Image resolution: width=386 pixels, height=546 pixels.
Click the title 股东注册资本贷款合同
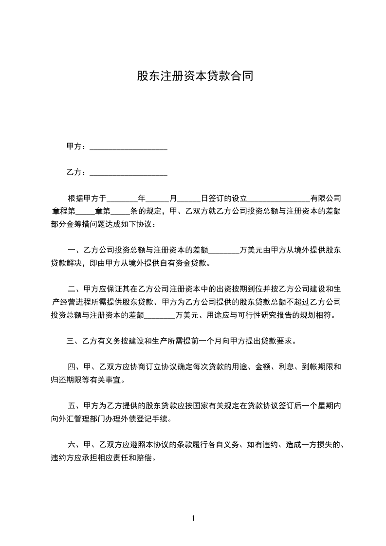tap(195, 76)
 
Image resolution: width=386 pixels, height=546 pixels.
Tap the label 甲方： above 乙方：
tap(77, 146)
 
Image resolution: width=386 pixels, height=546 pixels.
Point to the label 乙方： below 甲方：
tap(77, 172)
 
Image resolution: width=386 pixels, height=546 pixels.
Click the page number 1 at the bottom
tap(193, 518)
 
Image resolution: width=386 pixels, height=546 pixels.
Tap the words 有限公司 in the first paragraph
tap(326, 199)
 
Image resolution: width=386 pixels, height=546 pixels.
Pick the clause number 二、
tap(75, 290)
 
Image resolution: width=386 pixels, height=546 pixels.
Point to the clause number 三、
tap(74, 341)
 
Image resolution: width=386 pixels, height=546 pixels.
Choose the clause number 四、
tap(75, 367)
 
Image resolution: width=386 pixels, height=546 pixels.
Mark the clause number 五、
tap(75, 405)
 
